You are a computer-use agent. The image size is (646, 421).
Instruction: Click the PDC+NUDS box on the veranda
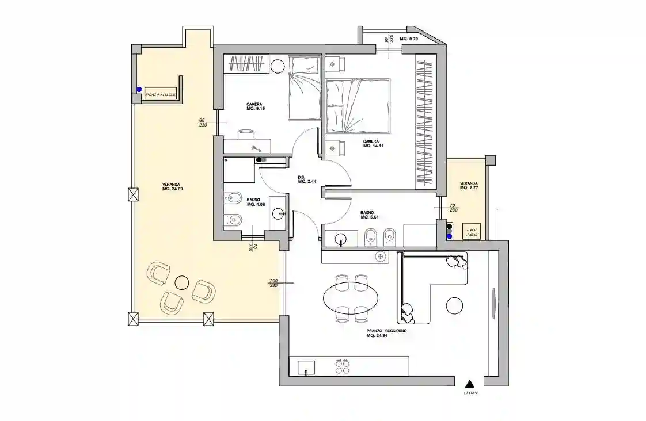pos(161,94)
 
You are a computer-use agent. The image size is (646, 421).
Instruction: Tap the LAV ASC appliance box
pos(470,232)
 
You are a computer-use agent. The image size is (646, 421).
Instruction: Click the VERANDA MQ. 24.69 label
pos(172,186)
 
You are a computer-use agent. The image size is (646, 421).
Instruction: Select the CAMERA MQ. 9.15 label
pos(256,106)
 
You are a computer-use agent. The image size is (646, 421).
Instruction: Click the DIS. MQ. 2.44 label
pos(306,179)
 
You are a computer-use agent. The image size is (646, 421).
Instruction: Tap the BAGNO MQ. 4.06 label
pos(255,202)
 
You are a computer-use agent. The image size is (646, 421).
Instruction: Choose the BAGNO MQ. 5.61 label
pos(368,215)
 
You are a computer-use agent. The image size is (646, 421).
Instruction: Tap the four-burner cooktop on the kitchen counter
pos(343,366)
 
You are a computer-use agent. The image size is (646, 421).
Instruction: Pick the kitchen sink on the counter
pos(306,367)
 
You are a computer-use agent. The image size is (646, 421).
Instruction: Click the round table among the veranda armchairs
pos(182,282)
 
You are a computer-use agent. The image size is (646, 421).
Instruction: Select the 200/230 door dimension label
pos(273,283)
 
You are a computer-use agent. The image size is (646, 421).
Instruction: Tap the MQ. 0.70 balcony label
pos(409,39)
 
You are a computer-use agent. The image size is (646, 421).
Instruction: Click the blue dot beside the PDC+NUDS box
pos(139,89)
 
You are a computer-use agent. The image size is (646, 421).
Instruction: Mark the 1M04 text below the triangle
pos(470,394)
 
